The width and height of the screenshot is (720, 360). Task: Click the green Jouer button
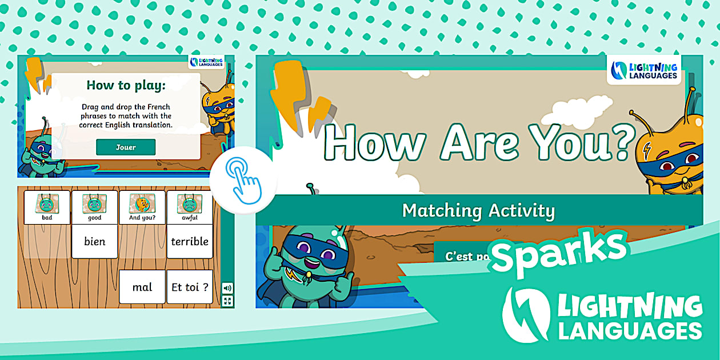click(x=126, y=147)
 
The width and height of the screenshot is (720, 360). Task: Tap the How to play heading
click(x=126, y=86)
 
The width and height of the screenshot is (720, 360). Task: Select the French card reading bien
click(x=94, y=241)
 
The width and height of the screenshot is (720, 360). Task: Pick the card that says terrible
click(x=190, y=241)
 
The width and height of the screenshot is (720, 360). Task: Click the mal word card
click(x=142, y=287)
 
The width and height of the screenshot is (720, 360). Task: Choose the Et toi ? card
click(x=190, y=287)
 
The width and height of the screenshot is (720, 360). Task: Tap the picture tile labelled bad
click(x=47, y=207)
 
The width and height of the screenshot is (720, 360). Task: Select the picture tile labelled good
click(x=94, y=207)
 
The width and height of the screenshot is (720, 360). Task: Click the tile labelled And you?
click(x=142, y=207)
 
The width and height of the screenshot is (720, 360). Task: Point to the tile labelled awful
click(x=190, y=207)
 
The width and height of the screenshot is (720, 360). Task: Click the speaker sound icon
click(x=227, y=288)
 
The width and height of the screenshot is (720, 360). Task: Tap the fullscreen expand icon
click(x=227, y=301)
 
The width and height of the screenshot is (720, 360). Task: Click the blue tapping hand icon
click(x=243, y=181)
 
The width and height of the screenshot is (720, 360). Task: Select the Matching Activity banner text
click(x=479, y=211)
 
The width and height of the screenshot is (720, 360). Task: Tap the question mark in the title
click(x=623, y=142)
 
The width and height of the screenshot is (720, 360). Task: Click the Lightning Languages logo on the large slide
click(x=644, y=70)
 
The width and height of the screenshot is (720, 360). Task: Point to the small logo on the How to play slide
click(x=206, y=62)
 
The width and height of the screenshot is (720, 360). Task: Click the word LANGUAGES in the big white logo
click(x=630, y=331)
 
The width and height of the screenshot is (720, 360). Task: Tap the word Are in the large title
click(x=479, y=142)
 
